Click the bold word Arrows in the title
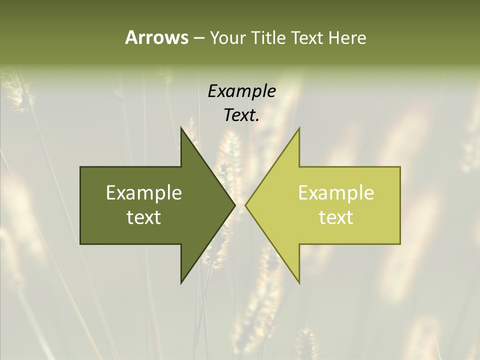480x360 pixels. (156, 37)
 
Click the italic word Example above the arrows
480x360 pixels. (241, 91)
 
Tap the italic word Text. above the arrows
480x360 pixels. (241, 115)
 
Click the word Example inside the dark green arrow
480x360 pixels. (144, 193)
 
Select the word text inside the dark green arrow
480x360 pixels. (144, 217)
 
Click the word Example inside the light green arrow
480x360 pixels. (336, 193)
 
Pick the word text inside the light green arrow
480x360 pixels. (336, 217)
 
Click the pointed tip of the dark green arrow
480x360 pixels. (234, 205)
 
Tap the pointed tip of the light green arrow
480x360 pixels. (245, 205)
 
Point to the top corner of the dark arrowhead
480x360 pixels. (181, 128)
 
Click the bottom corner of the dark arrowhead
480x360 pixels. (181, 282)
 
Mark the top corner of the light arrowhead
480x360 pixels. (299, 128)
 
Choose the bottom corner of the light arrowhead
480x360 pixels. (299, 282)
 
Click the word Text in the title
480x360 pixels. (308, 38)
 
